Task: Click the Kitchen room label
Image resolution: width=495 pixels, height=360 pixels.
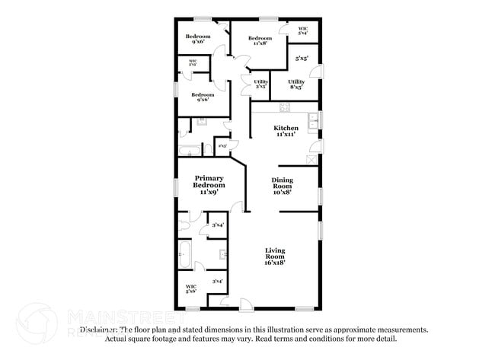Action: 286,128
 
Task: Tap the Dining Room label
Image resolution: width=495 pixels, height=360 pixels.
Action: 282,183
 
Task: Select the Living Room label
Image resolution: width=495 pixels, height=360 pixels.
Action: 275,253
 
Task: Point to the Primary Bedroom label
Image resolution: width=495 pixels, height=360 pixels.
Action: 208,182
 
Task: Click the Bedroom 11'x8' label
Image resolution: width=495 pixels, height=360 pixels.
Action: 260,40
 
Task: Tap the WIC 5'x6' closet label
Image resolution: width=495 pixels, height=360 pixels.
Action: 191,288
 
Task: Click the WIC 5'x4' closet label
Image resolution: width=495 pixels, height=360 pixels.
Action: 302,31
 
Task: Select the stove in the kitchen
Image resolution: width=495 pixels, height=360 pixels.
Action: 285,108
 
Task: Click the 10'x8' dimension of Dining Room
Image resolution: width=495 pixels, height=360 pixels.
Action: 282,192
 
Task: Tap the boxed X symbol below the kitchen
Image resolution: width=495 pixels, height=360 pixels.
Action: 310,158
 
